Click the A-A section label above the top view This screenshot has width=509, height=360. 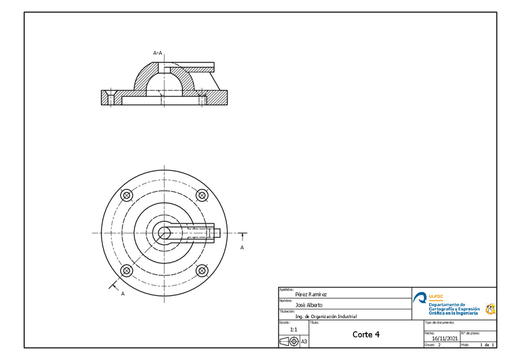158,53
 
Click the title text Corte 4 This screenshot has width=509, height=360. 366,334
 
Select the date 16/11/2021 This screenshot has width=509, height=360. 445,338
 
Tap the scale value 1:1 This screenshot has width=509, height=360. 294,329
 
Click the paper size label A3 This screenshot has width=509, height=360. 304,341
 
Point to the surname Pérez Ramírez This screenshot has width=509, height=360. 312,295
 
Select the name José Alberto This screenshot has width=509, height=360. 309,305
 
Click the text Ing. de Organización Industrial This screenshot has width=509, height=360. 326,316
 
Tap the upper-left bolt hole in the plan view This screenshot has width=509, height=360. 127,196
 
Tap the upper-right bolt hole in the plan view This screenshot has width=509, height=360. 202,196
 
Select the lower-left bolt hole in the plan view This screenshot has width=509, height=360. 127,271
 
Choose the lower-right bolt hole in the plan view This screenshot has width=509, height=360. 202,271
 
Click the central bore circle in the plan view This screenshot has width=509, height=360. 164,233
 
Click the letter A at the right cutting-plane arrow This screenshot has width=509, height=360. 242,247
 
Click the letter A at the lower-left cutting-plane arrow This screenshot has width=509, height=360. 122,294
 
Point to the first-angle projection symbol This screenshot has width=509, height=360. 289,341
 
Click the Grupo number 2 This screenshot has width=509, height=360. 439,346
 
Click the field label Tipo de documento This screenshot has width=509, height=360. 438,322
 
